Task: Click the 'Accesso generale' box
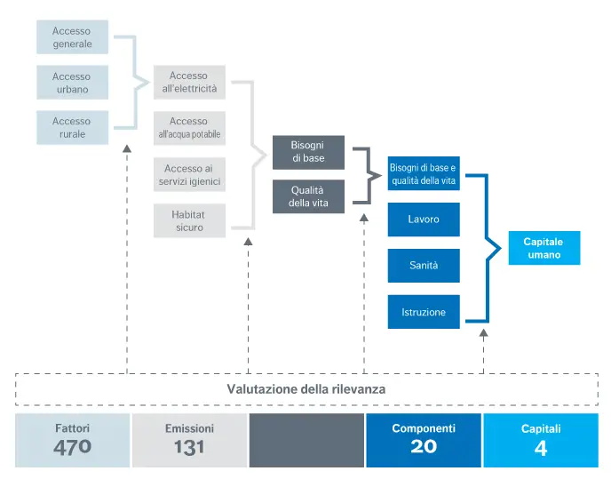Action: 72,37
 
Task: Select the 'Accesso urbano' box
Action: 72,83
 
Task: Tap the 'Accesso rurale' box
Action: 72,127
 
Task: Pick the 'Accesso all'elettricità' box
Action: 188,83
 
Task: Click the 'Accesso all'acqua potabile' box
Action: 188,128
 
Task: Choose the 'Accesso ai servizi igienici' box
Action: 188,175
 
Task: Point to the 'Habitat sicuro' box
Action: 188,220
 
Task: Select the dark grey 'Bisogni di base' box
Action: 308,151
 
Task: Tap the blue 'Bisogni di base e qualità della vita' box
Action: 424,173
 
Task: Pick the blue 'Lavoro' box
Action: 424,220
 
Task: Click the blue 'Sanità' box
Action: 424,266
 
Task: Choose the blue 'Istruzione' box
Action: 424,312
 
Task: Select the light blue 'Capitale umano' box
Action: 543,248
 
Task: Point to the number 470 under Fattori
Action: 72,447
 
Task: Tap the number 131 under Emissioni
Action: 189,447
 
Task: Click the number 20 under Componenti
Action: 424,447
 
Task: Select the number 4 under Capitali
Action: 541,448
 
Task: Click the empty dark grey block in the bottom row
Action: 306,439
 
